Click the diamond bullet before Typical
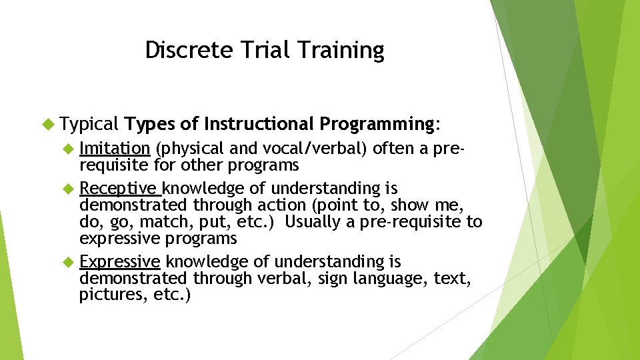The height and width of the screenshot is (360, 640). pos(47,123)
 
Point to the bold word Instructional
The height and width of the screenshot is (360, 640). pos(258,123)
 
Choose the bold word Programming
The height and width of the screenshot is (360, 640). pos(377,123)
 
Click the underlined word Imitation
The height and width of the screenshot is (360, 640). pos(115,149)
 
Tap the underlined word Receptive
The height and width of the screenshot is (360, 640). pos(120,189)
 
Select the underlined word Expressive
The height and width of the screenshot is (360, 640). pos(120,261)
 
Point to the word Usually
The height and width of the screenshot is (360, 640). pos(314,222)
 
